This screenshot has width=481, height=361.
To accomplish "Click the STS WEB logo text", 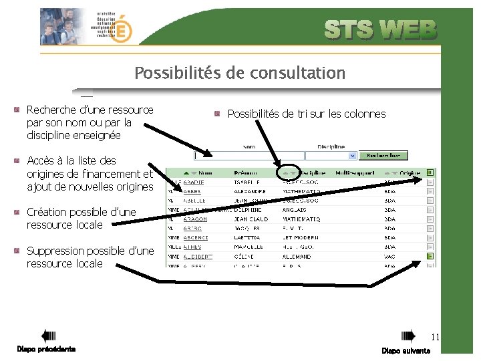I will tap(381, 30).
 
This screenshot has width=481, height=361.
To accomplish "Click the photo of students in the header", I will tap(63, 27).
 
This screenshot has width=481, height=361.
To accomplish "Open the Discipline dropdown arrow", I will tap(354, 156).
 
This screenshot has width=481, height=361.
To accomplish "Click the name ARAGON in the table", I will tap(195, 219).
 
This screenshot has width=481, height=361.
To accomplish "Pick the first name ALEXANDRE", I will tap(251, 191).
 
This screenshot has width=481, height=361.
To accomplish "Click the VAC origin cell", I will tap(390, 256).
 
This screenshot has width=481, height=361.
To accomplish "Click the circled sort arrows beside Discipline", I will tap(289, 172).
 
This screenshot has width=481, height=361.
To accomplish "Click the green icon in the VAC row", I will tap(430, 256).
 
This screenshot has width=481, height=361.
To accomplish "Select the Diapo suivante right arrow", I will tap(408, 336).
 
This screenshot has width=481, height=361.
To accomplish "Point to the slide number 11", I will tap(435, 337).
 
